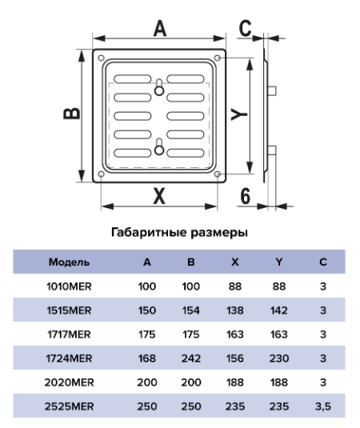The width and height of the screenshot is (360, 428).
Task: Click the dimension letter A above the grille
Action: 160,28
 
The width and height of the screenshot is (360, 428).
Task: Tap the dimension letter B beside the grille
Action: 72,114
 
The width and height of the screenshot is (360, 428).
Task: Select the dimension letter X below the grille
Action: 159,196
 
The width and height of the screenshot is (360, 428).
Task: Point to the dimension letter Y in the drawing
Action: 239,114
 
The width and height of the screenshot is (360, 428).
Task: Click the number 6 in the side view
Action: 246,196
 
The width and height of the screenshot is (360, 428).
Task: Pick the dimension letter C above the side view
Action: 245,28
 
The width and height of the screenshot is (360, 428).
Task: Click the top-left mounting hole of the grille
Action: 101,58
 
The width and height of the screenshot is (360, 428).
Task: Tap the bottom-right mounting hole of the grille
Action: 218,174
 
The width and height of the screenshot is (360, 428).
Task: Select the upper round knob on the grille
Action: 159,90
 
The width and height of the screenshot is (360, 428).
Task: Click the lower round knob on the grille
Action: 159,150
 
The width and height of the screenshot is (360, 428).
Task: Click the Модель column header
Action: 69,262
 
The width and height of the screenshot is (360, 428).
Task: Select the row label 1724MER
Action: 69,358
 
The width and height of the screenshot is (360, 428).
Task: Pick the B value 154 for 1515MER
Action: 191,310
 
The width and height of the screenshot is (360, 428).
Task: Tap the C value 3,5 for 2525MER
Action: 323,406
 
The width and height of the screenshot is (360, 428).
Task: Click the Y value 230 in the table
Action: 279,358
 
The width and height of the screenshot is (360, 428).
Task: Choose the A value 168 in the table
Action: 147,358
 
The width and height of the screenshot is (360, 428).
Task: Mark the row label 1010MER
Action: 69,286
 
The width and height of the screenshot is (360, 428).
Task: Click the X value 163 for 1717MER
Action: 235,334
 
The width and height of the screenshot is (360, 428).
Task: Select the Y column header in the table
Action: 279,262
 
